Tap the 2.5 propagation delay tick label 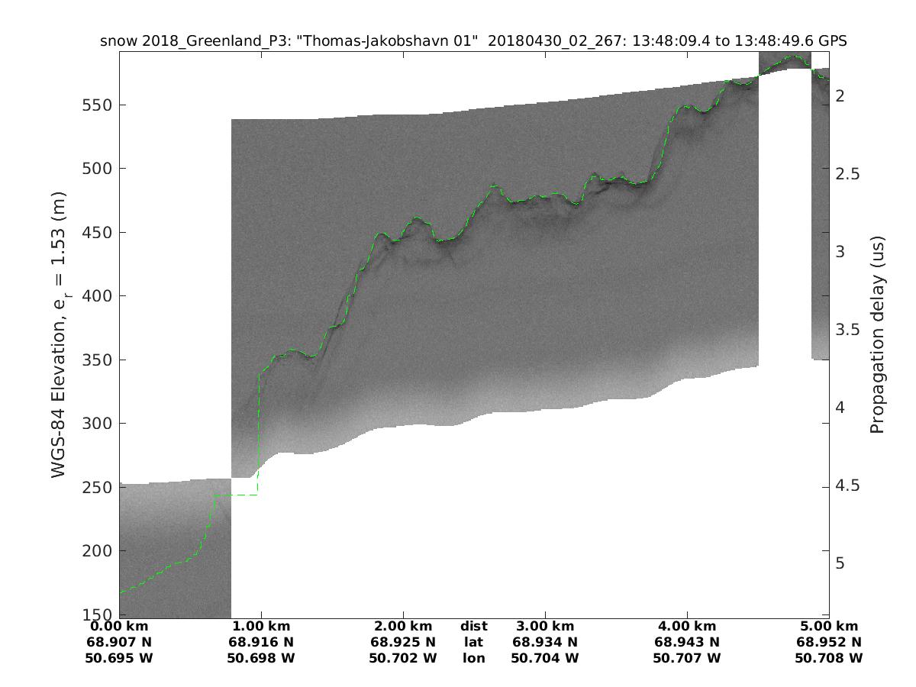click(847, 173)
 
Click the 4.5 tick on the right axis click(847, 485)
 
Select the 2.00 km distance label click(403, 626)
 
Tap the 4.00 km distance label click(687, 626)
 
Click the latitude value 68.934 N click(545, 642)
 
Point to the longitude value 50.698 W click(261, 658)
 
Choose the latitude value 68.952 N click(829, 642)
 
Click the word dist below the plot click(474, 626)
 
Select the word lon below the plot click(474, 658)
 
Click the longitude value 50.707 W click(687, 658)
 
